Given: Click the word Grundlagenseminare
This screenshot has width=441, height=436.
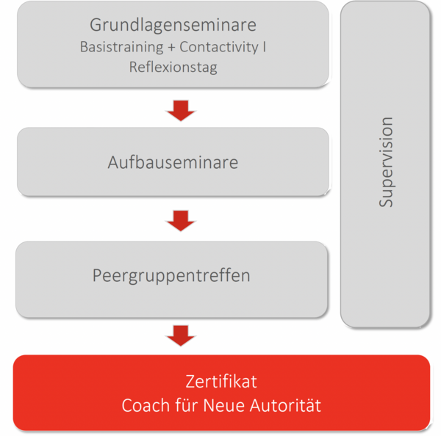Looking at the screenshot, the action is click(x=173, y=26).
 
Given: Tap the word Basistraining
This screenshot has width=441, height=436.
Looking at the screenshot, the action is click(x=121, y=47).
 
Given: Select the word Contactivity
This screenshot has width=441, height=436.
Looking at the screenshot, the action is click(x=219, y=47).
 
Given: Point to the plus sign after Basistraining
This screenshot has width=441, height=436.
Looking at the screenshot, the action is click(x=171, y=48).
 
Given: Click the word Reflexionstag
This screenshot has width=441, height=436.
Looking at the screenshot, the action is click(x=173, y=68).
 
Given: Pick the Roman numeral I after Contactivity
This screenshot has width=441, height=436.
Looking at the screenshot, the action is click(x=265, y=46).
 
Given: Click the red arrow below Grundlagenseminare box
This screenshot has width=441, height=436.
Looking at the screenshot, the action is click(x=181, y=110).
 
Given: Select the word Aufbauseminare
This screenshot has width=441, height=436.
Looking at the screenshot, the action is click(x=173, y=162).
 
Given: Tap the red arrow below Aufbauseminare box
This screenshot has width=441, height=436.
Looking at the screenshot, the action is click(x=181, y=220).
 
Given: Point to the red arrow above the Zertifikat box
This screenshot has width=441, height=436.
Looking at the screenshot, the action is click(x=181, y=335).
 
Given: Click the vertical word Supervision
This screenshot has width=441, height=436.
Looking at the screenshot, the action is click(x=386, y=162).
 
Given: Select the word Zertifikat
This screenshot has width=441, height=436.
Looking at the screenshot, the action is click(x=221, y=382).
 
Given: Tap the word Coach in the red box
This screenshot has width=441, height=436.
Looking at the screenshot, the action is click(x=146, y=406).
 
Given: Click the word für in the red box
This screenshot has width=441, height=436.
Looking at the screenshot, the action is click(x=186, y=405).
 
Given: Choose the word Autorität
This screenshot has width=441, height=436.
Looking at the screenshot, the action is click(x=285, y=405).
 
